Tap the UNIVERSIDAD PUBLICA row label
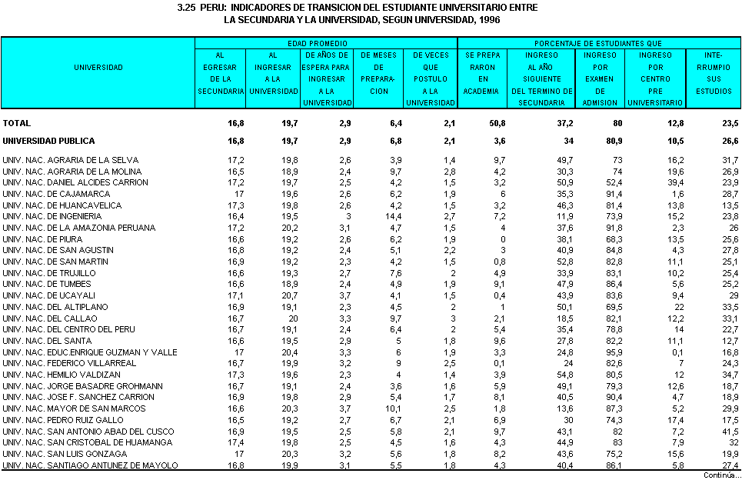click(x=48, y=141)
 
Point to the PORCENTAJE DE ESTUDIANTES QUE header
click(x=598, y=44)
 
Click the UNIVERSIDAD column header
click(x=98, y=68)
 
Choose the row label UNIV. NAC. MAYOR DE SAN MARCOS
click(x=63, y=408)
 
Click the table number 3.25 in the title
click(x=188, y=7)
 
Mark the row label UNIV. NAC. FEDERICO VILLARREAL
click(x=58, y=363)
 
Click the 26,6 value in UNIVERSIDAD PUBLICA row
click(x=729, y=141)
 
